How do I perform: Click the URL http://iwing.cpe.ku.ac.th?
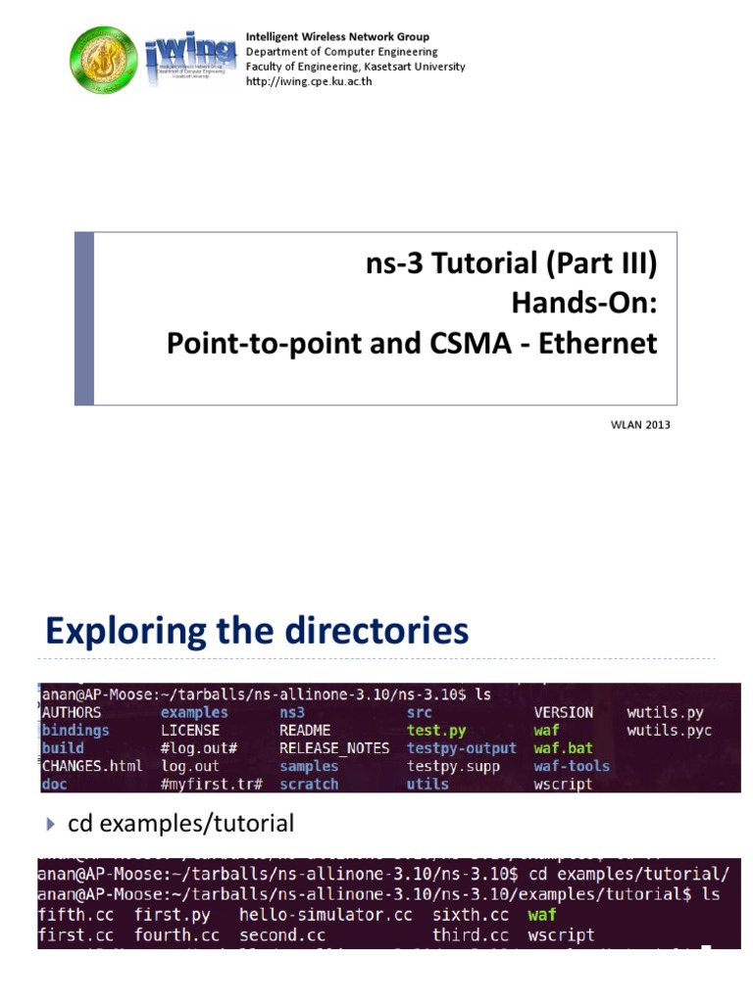(309, 81)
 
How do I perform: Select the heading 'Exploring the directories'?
(258, 631)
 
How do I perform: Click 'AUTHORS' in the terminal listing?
(77, 712)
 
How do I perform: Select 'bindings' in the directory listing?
(75, 731)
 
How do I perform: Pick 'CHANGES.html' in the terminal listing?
(92, 766)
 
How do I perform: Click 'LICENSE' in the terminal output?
(190, 731)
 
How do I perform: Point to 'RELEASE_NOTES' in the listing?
(334, 748)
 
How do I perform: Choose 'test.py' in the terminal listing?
(436, 731)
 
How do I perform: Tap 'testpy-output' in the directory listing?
(461, 748)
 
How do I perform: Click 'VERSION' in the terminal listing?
(563, 712)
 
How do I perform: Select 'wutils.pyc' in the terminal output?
(670, 731)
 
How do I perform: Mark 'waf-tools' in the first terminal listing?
(572, 766)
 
